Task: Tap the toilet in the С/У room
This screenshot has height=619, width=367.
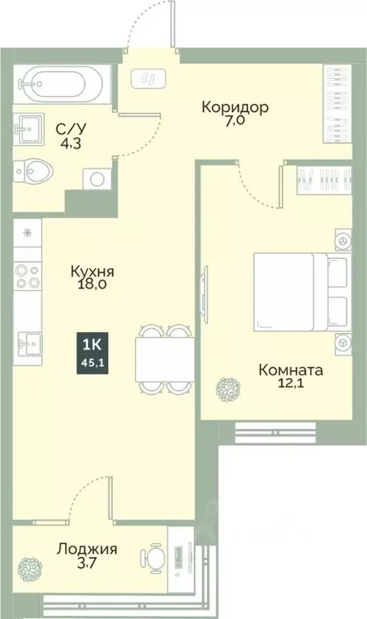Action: tap(36, 171)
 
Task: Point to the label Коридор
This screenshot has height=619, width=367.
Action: tap(235, 107)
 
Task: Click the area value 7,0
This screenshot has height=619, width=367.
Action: tap(236, 123)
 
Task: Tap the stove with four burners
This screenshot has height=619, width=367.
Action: tap(27, 277)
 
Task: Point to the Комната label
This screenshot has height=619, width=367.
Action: tap(291, 371)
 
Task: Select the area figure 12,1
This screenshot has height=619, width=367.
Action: tap(291, 388)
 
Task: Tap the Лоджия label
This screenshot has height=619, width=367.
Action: tap(87, 550)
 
